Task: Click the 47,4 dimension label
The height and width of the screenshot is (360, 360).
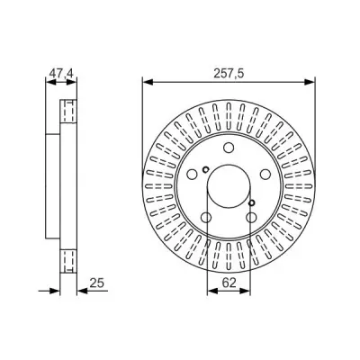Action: click(61, 74)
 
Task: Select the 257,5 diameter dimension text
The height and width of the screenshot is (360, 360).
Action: click(229, 74)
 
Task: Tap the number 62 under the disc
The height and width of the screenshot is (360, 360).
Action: click(229, 282)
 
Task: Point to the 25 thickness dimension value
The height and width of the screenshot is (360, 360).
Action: click(97, 283)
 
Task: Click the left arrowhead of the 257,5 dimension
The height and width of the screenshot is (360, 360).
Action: click(148, 82)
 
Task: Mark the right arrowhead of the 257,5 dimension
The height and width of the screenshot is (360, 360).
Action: click(310, 82)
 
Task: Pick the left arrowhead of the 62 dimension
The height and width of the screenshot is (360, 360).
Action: click(212, 291)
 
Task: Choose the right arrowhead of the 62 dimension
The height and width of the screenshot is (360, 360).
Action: click(244, 291)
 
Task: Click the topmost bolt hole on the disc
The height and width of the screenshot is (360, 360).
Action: click(229, 148)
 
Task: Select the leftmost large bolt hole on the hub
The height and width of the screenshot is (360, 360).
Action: click(192, 174)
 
